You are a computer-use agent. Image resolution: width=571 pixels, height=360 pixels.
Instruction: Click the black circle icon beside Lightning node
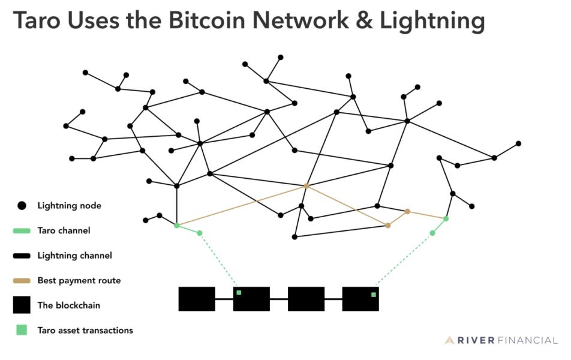tap(22, 206)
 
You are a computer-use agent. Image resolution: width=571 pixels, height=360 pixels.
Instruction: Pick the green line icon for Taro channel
tap(22, 230)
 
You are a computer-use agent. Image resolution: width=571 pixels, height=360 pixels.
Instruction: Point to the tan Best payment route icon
tap(22, 280)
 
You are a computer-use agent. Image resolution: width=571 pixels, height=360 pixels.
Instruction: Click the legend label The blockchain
tap(68, 305)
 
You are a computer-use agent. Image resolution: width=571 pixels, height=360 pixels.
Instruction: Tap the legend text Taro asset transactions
tap(85, 330)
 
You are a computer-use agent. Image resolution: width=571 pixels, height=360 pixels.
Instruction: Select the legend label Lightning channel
tap(74, 256)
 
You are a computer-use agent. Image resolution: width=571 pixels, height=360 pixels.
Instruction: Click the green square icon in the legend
tap(22, 330)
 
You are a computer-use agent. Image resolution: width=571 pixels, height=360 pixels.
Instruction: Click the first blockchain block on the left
tap(197, 299)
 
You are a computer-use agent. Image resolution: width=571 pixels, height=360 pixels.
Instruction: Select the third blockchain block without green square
tap(306, 299)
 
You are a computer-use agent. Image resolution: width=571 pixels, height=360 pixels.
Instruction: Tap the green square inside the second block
tap(239, 293)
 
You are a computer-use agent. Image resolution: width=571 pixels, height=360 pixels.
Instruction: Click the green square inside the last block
tap(373, 295)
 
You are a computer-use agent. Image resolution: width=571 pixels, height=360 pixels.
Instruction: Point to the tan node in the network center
tap(306, 186)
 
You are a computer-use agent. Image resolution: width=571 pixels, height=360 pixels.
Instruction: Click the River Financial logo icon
tap(450, 341)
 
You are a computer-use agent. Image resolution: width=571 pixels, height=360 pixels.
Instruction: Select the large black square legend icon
tap(22, 305)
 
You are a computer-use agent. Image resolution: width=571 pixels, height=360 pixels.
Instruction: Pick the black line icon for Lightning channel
tap(22, 256)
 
